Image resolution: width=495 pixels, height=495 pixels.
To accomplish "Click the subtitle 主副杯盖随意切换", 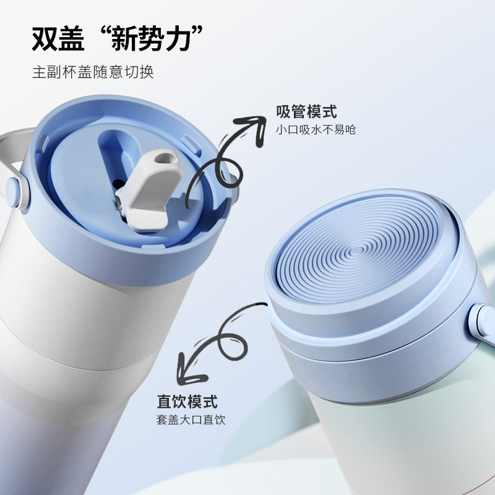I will (x=93, y=72).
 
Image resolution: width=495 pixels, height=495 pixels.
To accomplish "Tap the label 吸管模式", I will (x=307, y=112).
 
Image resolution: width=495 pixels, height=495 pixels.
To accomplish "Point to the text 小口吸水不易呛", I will (x=316, y=130).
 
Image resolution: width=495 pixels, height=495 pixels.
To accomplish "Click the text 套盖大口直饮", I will (x=191, y=420).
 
